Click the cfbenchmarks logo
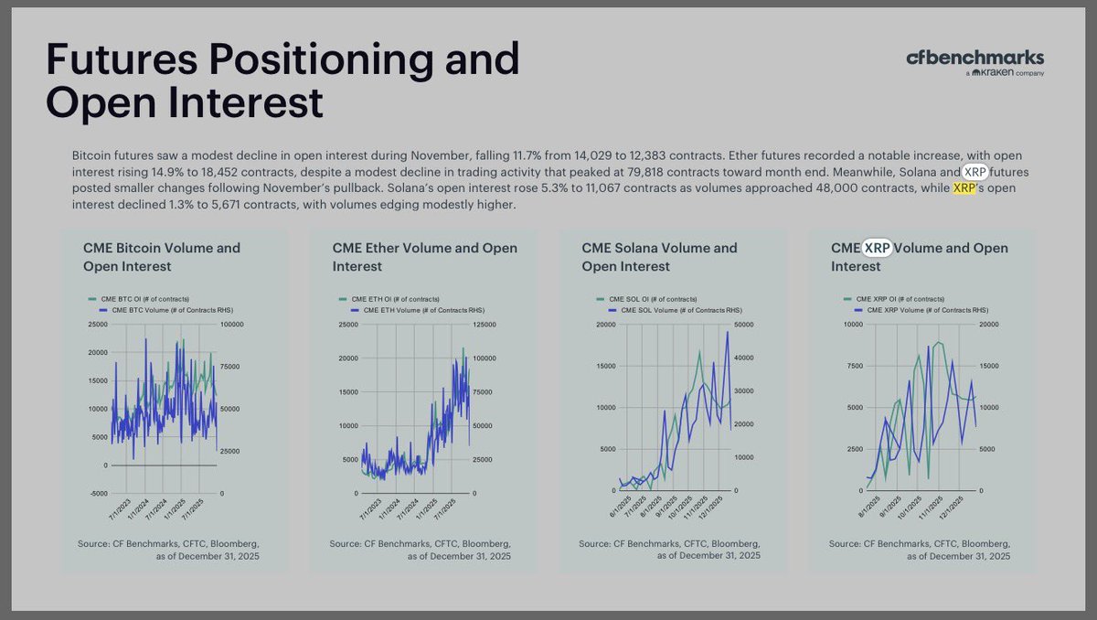click(975, 58)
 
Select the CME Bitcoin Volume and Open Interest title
click(162, 257)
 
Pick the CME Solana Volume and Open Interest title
click(659, 257)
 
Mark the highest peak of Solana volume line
click(728, 331)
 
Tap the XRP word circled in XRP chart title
click(877, 248)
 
